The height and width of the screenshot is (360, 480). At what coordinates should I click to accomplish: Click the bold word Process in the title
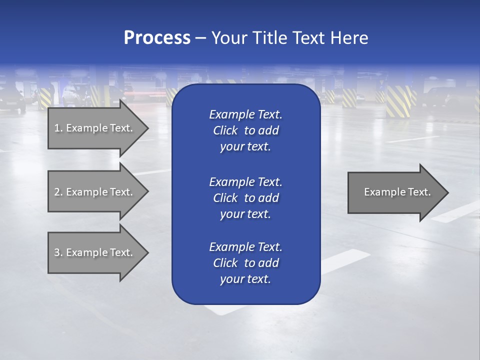(157, 38)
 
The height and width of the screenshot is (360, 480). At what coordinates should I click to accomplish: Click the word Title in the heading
(270, 38)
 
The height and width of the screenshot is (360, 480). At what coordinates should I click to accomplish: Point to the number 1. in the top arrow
(58, 128)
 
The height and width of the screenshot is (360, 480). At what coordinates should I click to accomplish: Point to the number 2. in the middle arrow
(58, 192)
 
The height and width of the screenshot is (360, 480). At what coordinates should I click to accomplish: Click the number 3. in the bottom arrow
(58, 252)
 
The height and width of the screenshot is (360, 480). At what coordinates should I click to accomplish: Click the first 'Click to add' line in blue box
(245, 131)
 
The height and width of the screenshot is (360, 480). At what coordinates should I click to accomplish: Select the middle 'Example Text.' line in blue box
(245, 182)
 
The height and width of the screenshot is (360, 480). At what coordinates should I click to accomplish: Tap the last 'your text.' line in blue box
(245, 279)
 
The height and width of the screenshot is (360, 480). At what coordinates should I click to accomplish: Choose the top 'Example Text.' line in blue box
(245, 114)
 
